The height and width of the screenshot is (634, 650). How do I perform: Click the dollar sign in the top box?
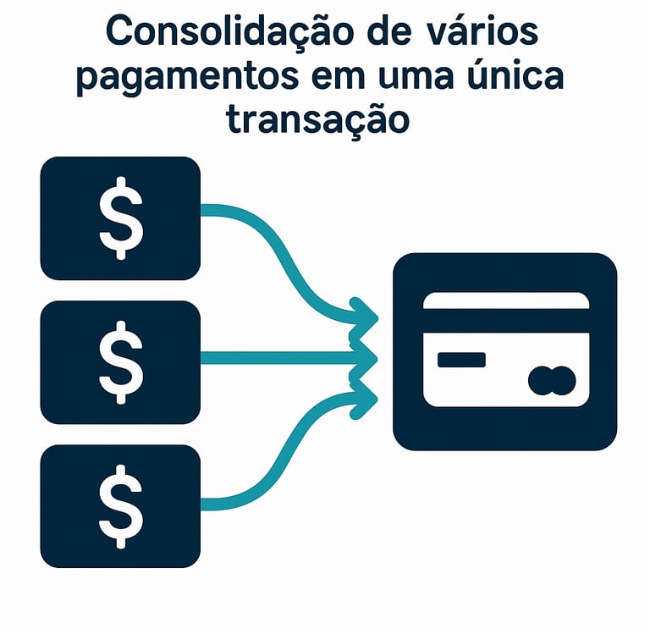pyautogui.click(x=120, y=218)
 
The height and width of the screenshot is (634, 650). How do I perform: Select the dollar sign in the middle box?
pyautogui.click(x=120, y=361)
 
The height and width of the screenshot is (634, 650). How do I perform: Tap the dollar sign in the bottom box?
pyautogui.click(x=120, y=505)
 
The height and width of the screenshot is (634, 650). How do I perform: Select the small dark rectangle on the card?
pyautogui.click(x=461, y=360)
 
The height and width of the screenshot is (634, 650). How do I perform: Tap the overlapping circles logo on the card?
pyautogui.click(x=551, y=380)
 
